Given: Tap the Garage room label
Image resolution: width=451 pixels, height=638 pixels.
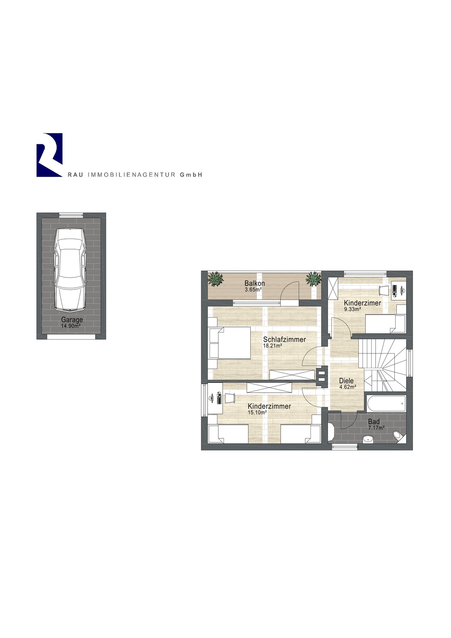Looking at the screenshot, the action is (x=72, y=320).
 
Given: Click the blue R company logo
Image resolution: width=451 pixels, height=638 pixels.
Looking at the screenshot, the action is (x=50, y=155).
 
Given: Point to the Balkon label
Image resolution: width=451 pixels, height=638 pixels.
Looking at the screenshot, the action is (x=255, y=283).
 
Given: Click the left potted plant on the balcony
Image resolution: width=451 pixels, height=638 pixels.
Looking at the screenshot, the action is (x=216, y=279).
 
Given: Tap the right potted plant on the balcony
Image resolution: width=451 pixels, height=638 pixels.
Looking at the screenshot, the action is (x=313, y=279).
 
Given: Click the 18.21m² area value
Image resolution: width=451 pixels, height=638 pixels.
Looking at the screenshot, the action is (x=273, y=345).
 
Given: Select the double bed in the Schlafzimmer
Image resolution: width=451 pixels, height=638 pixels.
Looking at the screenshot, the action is (x=230, y=343).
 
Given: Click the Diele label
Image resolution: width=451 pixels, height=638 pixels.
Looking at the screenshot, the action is (x=346, y=381).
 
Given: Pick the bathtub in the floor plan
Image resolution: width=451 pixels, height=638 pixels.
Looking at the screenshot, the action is (x=387, y=403).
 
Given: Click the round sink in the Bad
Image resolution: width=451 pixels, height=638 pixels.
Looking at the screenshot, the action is (x=368, y=439).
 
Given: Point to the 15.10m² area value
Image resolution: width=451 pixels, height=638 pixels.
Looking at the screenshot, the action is (x=257, y=412).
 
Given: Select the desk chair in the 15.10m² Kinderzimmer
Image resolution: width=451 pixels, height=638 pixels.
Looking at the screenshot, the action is (x=229, y=398).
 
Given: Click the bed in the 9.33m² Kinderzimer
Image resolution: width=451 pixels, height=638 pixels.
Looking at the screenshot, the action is (x=385, y=324).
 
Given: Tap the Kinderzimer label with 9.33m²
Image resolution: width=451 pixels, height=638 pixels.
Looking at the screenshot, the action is (x=363, y=303).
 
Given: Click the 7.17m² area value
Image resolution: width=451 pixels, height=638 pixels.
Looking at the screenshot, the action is (x=376, y=428).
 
